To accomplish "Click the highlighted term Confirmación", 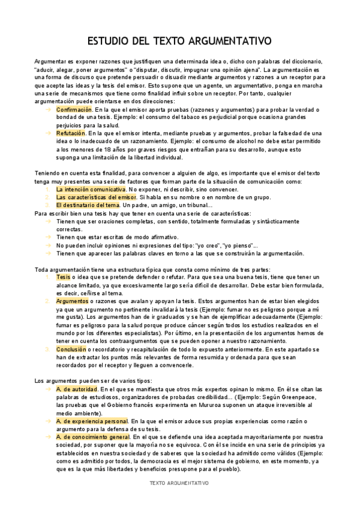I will (74, 110).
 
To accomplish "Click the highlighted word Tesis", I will (63, 277).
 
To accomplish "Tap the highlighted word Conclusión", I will (71, 349).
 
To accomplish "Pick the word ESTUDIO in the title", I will (108, 41).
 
